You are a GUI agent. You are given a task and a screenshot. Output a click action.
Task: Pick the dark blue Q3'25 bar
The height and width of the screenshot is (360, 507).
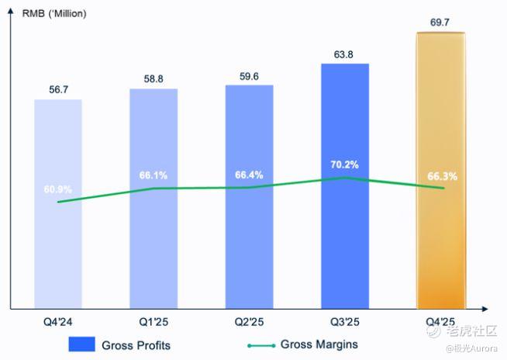point(345,233)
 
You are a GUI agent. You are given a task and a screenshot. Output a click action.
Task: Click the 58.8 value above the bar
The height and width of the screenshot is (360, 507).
point(153,79)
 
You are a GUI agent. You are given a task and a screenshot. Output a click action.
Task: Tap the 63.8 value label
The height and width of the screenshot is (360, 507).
point(345,54)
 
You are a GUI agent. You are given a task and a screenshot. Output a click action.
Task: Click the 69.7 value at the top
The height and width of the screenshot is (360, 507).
point(441,22)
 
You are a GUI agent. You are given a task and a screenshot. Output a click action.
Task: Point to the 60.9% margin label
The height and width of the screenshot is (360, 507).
point(57,189)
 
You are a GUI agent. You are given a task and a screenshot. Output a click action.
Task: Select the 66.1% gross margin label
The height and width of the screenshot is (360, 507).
point(153,175)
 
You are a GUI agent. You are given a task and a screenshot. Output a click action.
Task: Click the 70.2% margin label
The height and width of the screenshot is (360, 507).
point(345,164)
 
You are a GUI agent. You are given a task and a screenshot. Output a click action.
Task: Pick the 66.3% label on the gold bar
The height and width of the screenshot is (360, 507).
point(442,176)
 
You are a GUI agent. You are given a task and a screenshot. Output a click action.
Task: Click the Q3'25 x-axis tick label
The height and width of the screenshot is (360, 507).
point(345,320)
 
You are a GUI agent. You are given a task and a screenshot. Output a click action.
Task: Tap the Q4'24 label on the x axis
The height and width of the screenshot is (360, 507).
point(57,320)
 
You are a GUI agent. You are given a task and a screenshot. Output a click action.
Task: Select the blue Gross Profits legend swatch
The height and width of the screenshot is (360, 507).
point(81,344)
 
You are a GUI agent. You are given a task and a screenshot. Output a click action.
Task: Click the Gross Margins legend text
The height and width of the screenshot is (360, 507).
point(319,344)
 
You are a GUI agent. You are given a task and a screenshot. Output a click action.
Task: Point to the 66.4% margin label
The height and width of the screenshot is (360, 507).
point(249,175)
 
